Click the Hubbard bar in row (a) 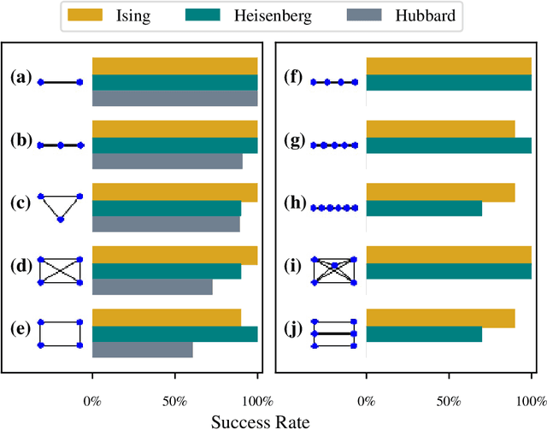click(x=174, y=98)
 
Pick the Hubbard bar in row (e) click(x=142, y=350)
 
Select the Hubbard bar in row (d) click(x=152, y=287)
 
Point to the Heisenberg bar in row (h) click(x=424, y=208)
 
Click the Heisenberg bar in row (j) click(x=424, y=333)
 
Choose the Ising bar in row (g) click(x=440, y=129)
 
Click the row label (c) click(x=21, y=203)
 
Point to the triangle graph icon click(x=60, y=207)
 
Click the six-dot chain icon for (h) click(x=334, y=208)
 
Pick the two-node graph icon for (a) click(x=60, y=82)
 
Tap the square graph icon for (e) click(x=60, y=333)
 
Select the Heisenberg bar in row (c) click(x=167, y=209)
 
